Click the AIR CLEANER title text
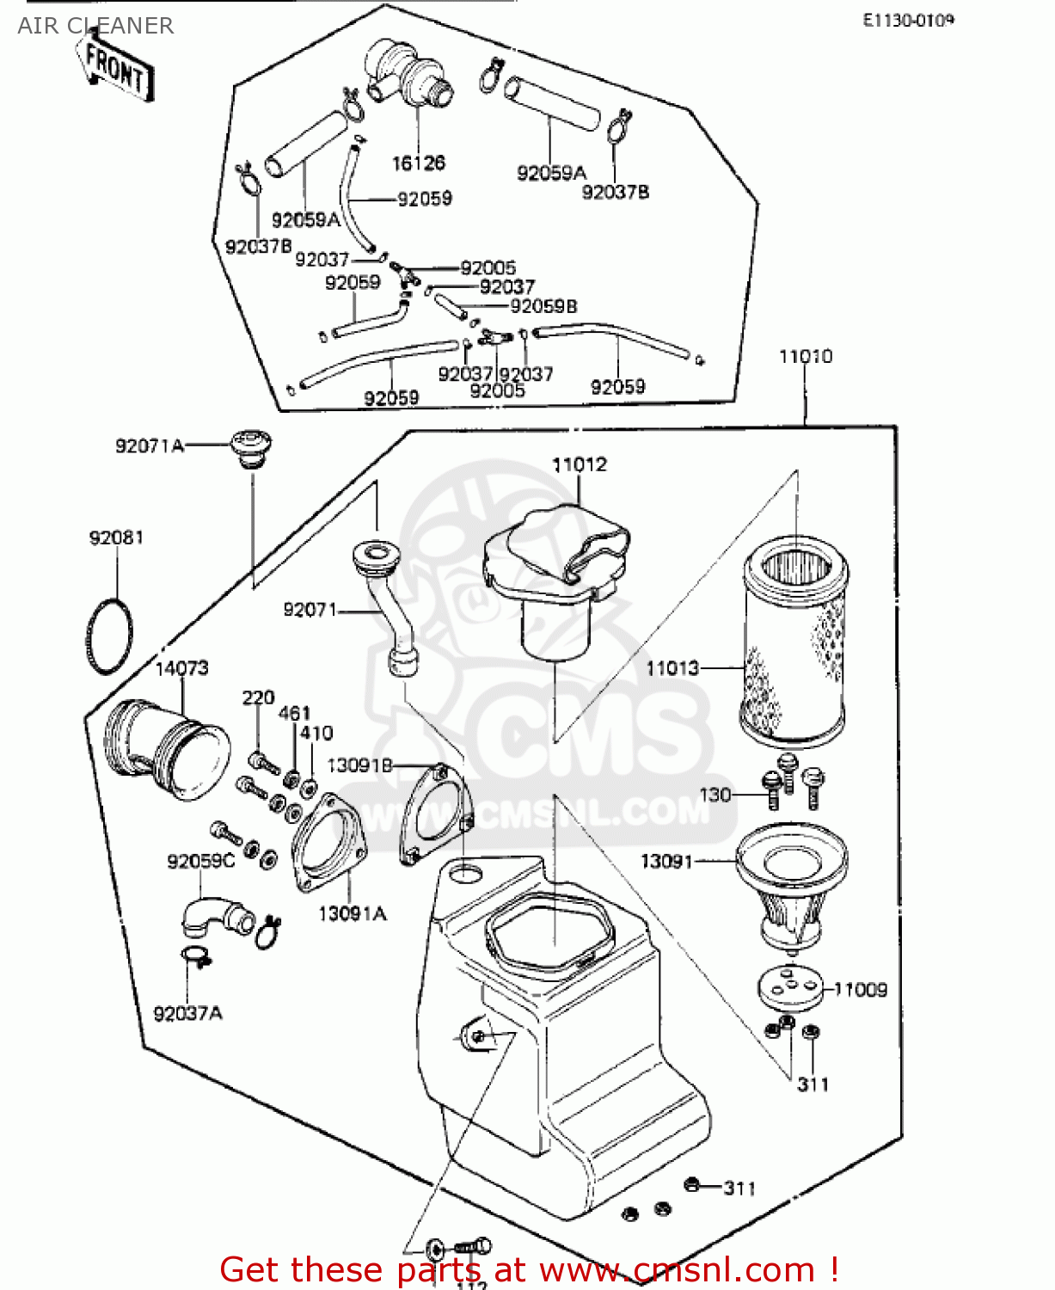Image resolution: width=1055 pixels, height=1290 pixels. [x=95, y=26]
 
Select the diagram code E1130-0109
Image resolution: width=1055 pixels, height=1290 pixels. [x=908, y=20]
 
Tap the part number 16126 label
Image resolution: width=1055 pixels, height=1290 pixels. [x=419, y=163]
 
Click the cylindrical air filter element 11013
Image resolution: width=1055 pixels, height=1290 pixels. [x=794, y=641]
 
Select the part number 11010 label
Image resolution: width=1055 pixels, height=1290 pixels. [x=806, y=356]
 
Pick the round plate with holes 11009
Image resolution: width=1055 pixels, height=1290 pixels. [x=790, y=988]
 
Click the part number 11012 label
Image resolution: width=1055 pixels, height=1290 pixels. [x=579, y=464]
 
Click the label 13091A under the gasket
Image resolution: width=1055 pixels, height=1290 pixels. [x=353, y=914]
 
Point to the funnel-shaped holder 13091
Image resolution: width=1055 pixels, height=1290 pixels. [x=791, y=886]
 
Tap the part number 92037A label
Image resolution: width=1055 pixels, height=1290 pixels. [x=187, y=1013]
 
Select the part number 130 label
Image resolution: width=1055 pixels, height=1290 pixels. [x=715, y=795]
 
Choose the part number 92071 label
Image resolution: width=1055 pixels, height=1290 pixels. [x=310, y=610]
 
